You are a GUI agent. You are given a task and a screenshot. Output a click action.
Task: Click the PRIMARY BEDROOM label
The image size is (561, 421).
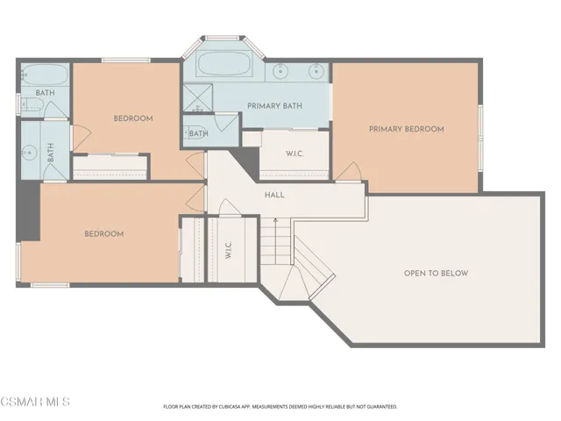pyautogui.click(x=407, y=129)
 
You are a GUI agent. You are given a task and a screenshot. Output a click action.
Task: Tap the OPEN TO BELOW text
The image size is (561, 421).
pyautogui.click(x=437, y=274)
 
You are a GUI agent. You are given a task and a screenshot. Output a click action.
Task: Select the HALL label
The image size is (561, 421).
pyautogui.click(x=274, y=195)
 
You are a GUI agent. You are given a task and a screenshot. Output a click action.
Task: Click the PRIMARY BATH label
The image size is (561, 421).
pyautogui.click(x=274, y=106)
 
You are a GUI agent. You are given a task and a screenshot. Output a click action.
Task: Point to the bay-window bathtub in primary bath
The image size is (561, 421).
pyautogui.click(x=224, y=64)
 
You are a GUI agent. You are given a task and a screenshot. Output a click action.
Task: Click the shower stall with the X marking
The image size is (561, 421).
pyautogui.click(x=198, y=97)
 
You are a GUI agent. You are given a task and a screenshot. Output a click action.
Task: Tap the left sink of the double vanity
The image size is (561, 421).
pyautogui.click(x=280, y=71)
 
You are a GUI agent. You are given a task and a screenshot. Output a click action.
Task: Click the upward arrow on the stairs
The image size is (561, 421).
pyautogui.click(x=275, y=223)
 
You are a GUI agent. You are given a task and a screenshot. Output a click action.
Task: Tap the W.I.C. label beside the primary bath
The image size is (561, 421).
pyautogui.click(x=295, y=154)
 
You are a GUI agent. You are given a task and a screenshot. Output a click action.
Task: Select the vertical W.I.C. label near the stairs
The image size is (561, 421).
pyautogui.click(x=229, y=249)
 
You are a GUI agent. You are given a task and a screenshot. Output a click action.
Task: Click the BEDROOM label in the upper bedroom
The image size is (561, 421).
pyautogui.click(x=133, y=118)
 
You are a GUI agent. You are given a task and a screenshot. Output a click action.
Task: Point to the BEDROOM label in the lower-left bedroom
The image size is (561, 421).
pyautogui.click(x=104, y=234)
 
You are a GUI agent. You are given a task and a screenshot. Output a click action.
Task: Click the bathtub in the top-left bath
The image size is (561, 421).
pyautogui.click(x=45, y=75)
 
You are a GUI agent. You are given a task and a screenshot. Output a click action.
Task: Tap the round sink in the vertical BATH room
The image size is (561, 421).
pyautogui.click(x=30, y=153)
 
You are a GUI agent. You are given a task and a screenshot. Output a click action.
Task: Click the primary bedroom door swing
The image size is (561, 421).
pyautogui.click(x=349, y=172)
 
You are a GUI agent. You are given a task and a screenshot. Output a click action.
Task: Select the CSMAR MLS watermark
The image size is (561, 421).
pyautogui.click(x=35, y=402)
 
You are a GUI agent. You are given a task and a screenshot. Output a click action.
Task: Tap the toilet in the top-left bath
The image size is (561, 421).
pyautogui.click(x=32, y=104)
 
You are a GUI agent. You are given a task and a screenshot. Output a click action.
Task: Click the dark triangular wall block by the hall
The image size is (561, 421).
pyautogui.click(x=247, y=162)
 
